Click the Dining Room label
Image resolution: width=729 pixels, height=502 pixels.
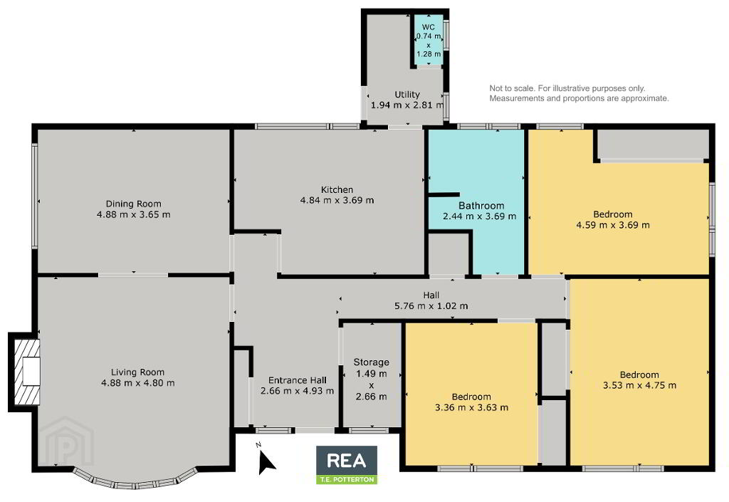coord(133,204)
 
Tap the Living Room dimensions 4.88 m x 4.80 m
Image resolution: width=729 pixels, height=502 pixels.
coord(138,383)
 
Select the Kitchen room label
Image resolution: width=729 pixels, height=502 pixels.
coord(337,189)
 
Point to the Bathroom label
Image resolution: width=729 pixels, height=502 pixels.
coord(481,206)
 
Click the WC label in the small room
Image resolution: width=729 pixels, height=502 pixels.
coord(428,27)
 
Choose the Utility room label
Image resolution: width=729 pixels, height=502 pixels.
coord(407,95)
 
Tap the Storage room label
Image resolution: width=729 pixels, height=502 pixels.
coord(372,362)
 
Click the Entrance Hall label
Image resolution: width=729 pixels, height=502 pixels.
coord(298,380)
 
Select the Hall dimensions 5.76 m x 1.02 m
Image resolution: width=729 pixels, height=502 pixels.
coord(431,306)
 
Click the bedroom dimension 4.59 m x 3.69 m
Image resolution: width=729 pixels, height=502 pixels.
coord(613,225)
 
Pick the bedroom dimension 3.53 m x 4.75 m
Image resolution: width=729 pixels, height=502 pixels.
coord(639,385)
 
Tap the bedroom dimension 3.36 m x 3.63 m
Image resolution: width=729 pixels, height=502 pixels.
coord(471,407)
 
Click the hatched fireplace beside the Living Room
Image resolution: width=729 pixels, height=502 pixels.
coord(27,372)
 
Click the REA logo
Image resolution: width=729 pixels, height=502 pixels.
coord(347,461)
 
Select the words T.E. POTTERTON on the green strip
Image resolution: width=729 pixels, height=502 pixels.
coord(347,480)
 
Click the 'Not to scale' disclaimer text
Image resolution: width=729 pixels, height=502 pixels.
coord(579,93)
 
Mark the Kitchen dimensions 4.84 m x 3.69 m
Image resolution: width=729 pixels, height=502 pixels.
coord(337,200)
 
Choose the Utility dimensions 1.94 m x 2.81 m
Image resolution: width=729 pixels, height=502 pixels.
coord(407,105)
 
